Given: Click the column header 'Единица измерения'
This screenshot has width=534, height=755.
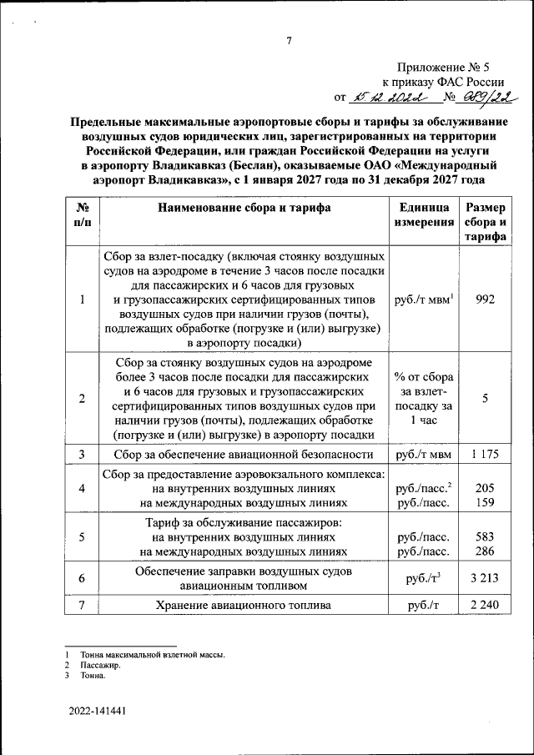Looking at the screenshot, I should coord(425,215).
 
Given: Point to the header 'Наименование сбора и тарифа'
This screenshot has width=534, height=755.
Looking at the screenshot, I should coord(244,209).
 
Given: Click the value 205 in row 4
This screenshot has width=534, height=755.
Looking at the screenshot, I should coord(486,489).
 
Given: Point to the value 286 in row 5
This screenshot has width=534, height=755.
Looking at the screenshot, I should coord(486,551).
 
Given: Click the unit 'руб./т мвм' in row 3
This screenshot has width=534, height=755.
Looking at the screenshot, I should coord(425,455).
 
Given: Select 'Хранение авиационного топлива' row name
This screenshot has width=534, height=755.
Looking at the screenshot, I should coord(244,605).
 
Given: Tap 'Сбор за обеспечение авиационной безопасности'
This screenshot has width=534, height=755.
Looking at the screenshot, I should coord(244,455).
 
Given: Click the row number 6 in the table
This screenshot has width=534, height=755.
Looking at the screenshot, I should coord(82,577).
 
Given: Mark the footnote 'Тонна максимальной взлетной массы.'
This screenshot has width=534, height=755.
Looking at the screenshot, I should coord(154,655).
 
